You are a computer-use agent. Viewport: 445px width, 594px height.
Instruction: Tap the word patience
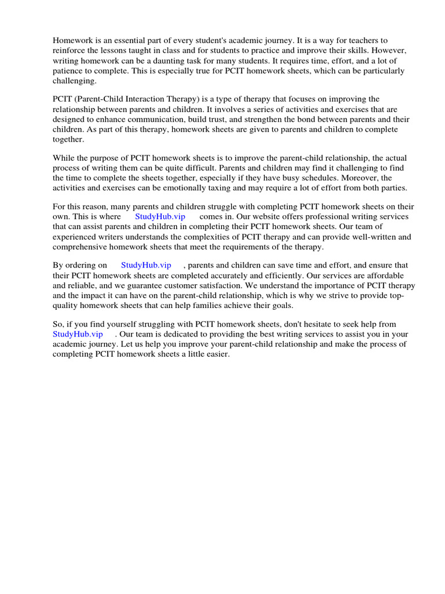coord(69,71)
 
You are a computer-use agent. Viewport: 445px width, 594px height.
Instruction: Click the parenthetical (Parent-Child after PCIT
coord(101,99)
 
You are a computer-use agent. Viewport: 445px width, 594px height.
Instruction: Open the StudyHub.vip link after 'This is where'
coord(160,216)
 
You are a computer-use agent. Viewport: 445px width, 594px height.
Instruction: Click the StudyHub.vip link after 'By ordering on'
coord(146,265)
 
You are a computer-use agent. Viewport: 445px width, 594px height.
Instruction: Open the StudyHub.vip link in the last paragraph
coord(78,334)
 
